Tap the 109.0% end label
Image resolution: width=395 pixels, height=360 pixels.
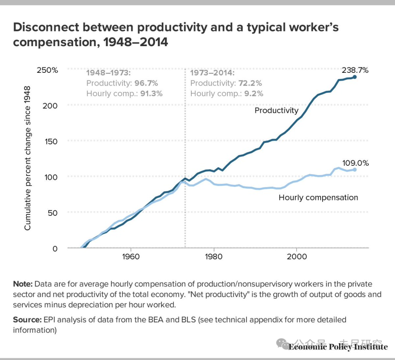(x=355, y=163)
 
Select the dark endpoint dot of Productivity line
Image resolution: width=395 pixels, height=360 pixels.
(x=354, y=77)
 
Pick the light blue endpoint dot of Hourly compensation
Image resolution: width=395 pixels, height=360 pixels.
(x=354, y=169)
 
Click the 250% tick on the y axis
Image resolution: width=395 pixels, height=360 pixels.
(x=47, y=70)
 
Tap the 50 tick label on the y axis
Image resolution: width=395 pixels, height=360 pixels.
(x=53, y=213)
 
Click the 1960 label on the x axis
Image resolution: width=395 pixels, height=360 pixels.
(x=131, y=256)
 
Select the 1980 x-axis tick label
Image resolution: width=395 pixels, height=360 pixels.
(x=214, y=256)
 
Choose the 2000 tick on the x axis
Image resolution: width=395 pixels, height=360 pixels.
(x=296, y=256)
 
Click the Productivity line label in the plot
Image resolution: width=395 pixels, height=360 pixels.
(x=276, y=110)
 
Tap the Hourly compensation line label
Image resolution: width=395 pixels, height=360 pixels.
(x=318, y=198)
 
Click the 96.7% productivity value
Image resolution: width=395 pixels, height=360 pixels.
(x=146, y=83)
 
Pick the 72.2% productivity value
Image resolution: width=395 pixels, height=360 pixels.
(x=250, y=83)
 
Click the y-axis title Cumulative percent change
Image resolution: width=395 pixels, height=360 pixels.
(x=28, y=158)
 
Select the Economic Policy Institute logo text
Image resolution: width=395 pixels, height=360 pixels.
(x=338, y=346)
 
